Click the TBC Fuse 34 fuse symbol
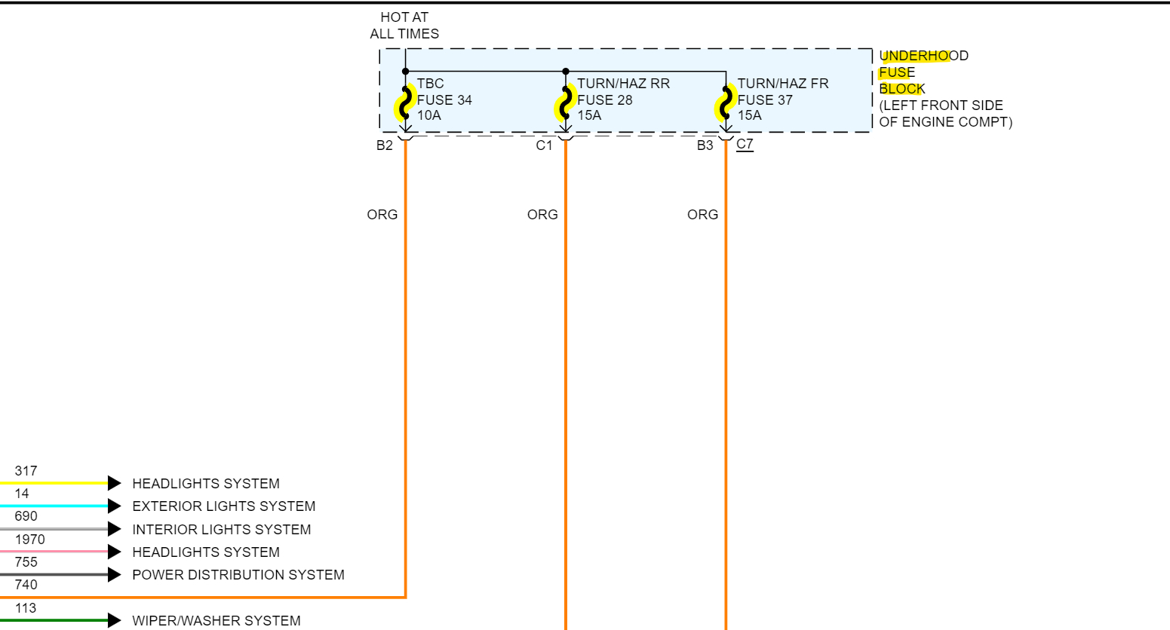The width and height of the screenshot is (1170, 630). tap(406, 103)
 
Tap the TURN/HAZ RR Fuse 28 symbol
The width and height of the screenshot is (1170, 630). tap(566, 103)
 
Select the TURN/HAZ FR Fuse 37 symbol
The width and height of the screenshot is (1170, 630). tap(726, 103)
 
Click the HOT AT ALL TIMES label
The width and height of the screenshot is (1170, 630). tap(404, 26)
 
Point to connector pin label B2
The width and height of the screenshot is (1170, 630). tap(385, 145)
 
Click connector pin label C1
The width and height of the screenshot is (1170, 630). tap(545, 145)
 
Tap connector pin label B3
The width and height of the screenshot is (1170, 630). tap(705, 145)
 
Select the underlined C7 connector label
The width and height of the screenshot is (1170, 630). tap(745, 144)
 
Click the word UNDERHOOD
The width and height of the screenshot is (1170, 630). tap(923, 56)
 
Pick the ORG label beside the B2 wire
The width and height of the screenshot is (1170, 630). tap(382, 215)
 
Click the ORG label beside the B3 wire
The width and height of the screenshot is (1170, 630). tap(702, 215)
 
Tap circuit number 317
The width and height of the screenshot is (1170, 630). tap(26, 471)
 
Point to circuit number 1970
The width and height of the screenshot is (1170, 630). tap(29, 540)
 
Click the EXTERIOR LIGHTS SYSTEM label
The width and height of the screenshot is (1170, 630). tap(223, 506)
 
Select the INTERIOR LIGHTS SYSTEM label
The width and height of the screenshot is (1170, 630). tap(221, 530)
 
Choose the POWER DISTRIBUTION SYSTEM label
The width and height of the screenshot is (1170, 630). tap(238, 575)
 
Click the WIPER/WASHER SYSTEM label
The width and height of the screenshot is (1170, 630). tap(216, 621)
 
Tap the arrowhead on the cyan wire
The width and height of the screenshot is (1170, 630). tap(114, 506)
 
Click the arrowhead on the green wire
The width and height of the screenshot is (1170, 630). tap(114, 620)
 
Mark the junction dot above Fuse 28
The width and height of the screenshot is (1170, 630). tap(566, 72)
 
